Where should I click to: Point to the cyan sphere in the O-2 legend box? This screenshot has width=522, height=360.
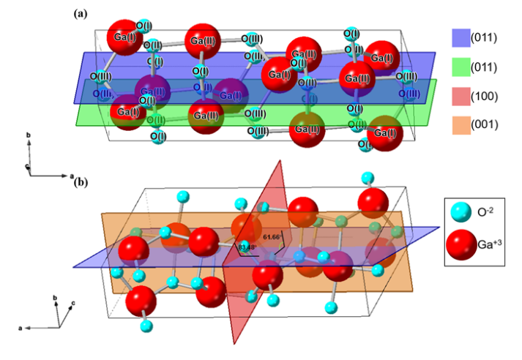pyautogui.click(x=462, y=214)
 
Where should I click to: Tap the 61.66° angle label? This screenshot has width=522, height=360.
pyautogui.click(x=272, y=237)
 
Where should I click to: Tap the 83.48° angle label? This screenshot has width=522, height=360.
pyautogui.click(x=247, y=247)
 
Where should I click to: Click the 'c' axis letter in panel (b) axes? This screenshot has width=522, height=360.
pyautogui.click(x=74, y=302)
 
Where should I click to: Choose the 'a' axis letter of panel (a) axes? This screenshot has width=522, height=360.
pyautogui.click(x=71, y=176)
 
